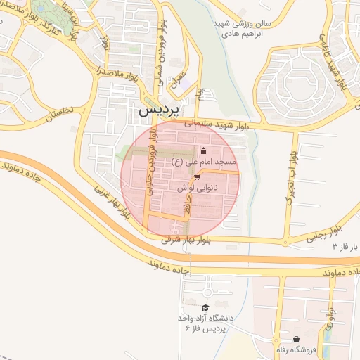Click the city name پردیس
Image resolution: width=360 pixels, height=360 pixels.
tap(159, 110)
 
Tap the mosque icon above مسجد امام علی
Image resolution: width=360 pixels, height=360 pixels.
tap(204, 150)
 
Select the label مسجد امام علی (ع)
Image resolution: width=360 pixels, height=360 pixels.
tap(205, 162)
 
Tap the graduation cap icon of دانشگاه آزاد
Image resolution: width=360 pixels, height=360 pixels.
tap(205, 307)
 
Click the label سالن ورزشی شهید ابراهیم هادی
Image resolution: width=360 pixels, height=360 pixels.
tap(238, 28)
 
